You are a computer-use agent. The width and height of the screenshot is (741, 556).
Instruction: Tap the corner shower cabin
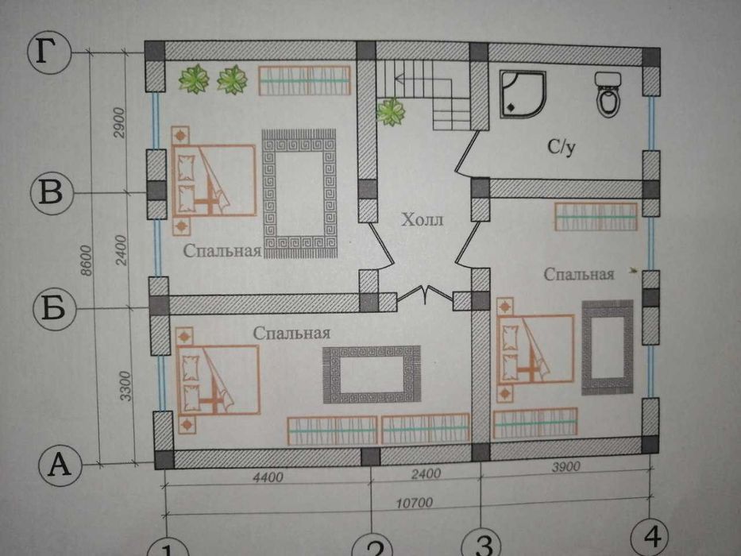[522, 95]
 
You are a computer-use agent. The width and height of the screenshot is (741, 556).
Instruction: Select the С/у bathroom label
[560, 148]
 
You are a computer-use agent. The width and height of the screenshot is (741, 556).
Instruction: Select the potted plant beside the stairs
[389, 112]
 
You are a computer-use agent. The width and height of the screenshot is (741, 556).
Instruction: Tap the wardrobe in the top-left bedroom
[304, 80]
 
